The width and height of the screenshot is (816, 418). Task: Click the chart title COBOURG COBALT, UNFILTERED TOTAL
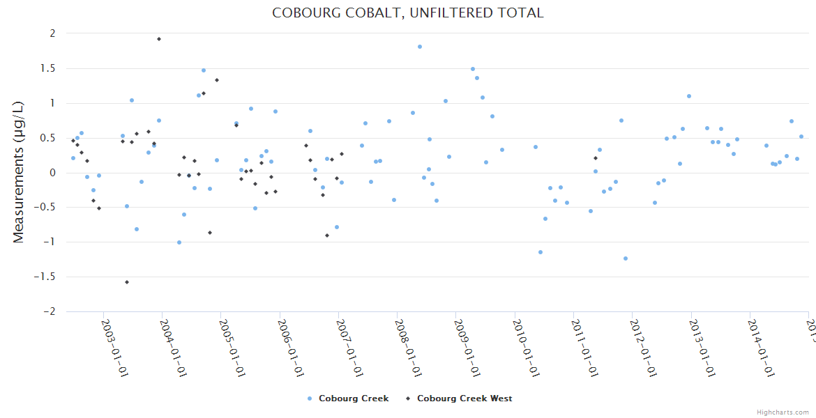(407, 13)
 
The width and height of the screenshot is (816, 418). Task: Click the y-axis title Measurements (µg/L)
(19, 172)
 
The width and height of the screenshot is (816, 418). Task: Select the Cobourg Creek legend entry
(348, 398)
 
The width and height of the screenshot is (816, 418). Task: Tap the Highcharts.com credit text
(783, 412)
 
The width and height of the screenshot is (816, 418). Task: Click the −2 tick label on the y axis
(49, 311)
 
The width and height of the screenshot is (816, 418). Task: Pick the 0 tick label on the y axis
(52, 173)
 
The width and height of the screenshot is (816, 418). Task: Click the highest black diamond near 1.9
(159, 39)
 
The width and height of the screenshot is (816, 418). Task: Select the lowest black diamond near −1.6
(127, 282)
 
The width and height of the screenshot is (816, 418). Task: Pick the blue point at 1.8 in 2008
(420, 47)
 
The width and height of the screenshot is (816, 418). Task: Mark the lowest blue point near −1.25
(626, 258)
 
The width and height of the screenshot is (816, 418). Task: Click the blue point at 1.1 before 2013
(689, 96)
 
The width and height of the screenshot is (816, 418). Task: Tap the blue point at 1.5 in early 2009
(473, 69)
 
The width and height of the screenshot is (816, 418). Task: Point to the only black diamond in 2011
(596, 158)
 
